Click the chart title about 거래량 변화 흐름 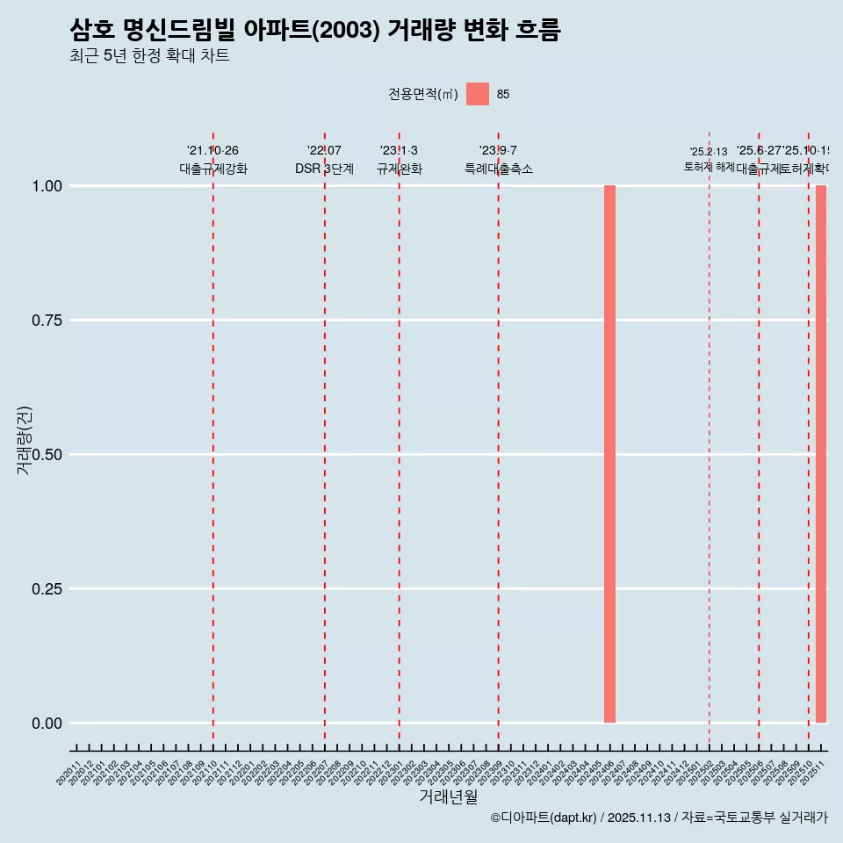coord(314,31)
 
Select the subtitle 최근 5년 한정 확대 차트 coord(149,56)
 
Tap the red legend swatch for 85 coord(477,94)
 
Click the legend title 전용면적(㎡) coord(423,94)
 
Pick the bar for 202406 coord(609,454)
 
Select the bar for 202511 coord(821,454)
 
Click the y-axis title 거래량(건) coord(25,441)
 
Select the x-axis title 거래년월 coord(448,796)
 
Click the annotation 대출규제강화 coord(213,169)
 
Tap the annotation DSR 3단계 coord(324,169)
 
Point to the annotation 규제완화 coord(400,169)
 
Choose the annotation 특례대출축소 coord(499,169)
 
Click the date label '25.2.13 coord(709,152)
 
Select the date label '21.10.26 coord(213,151)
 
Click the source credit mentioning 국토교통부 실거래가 coord(659,818)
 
